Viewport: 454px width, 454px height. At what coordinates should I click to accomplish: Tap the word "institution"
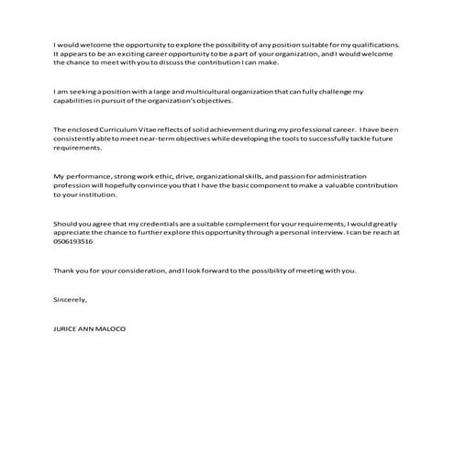pyautogui.click(x=99, y=194)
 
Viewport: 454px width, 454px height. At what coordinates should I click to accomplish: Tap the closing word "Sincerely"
pyautogui.click(x=71, y=300)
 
